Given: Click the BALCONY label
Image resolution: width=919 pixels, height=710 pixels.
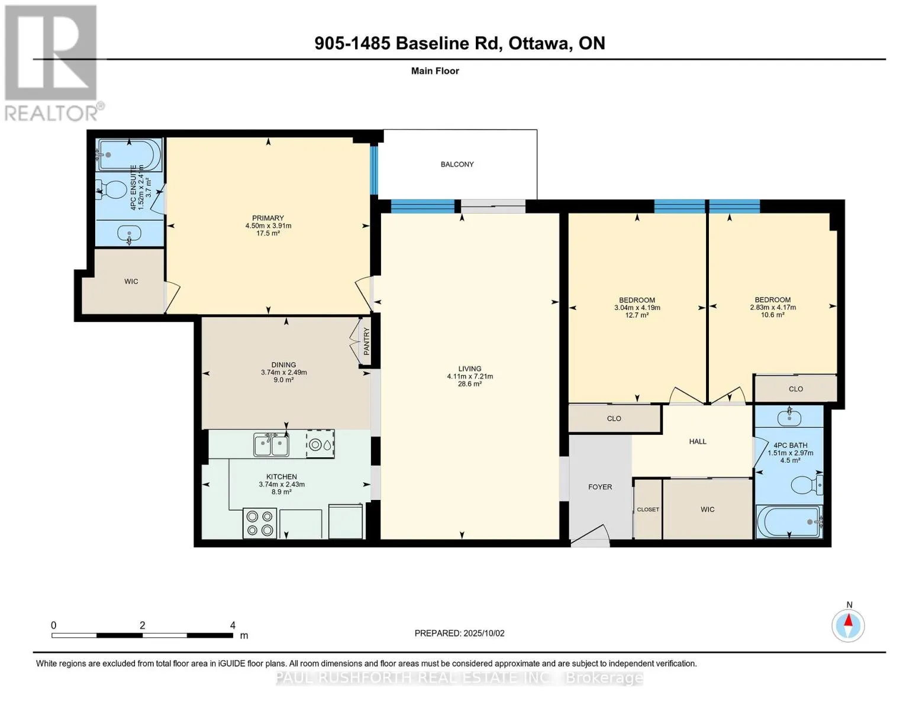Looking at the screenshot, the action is (457, 164).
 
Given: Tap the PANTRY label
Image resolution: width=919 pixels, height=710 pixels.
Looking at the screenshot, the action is (366, 341).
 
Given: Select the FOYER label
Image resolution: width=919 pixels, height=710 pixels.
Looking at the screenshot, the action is (599, 487).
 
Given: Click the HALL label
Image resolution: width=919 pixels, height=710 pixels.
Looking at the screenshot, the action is (698, 441).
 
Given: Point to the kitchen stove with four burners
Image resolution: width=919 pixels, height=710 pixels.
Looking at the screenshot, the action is (260, 523).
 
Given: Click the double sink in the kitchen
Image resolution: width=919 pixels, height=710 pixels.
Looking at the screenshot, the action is (271, 445).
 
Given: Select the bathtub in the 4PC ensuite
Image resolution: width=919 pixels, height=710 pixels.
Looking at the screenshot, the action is (129, 155).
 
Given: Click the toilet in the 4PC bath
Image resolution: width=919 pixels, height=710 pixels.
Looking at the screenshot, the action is (807, 485).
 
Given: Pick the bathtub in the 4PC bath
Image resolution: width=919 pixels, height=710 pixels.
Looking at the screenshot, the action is (789, 521).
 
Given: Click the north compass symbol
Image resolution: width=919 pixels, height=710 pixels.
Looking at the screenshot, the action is (848, 626).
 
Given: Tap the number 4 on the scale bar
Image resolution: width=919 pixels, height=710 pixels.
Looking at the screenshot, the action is (233, 625).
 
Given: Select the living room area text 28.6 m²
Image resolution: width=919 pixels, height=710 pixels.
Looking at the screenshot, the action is (470, 384).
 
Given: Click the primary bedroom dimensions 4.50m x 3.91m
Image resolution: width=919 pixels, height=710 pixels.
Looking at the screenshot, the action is (268, 226).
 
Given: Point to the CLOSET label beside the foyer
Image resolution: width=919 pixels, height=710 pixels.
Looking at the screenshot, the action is (648, 509).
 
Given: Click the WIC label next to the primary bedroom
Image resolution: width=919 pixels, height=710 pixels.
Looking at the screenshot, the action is (131, 282).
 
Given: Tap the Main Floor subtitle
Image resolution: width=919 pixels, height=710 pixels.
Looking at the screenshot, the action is (435, 71).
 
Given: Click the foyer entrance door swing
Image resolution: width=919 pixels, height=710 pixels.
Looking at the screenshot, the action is (590, 533).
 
